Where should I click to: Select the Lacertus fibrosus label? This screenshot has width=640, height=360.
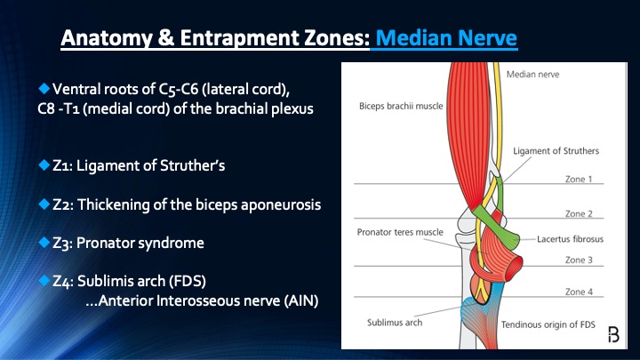point(568,238)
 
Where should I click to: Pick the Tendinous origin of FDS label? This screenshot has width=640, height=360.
point(548,324)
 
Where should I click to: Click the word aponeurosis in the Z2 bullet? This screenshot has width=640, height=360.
point(275,204)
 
